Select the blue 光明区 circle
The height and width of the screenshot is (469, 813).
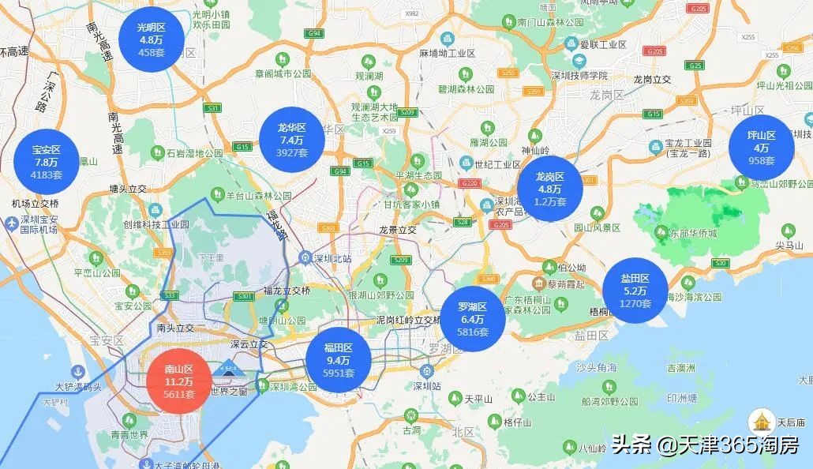(151, 39)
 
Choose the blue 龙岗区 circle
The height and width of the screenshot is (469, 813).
(550, 189)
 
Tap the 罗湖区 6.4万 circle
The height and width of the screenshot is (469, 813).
(474, 319)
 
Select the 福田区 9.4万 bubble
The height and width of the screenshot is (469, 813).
(339, 360)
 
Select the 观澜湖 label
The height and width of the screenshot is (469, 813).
(369, 76)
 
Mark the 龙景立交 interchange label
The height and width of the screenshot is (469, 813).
(398, 230)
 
